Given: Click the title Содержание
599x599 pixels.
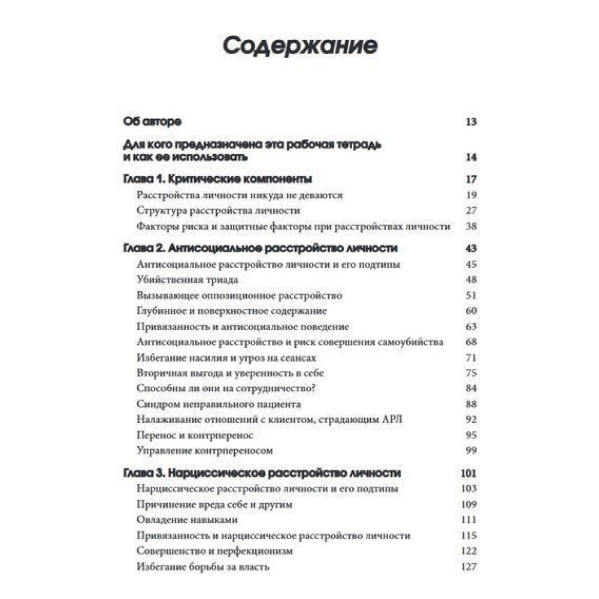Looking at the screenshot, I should [300, 46].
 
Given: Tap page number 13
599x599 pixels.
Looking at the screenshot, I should [470, 122].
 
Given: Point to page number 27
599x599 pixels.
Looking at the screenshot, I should [470, 211].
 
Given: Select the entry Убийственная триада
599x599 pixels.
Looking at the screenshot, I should [187, 280].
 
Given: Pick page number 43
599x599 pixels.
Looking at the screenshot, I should [470, 248].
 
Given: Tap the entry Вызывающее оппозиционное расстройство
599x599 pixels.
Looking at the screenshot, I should [239, 295].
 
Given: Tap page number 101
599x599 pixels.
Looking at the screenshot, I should [468, 473].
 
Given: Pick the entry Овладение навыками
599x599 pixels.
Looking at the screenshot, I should [187, 520].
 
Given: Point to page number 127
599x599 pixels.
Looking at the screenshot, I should [468, 567].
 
